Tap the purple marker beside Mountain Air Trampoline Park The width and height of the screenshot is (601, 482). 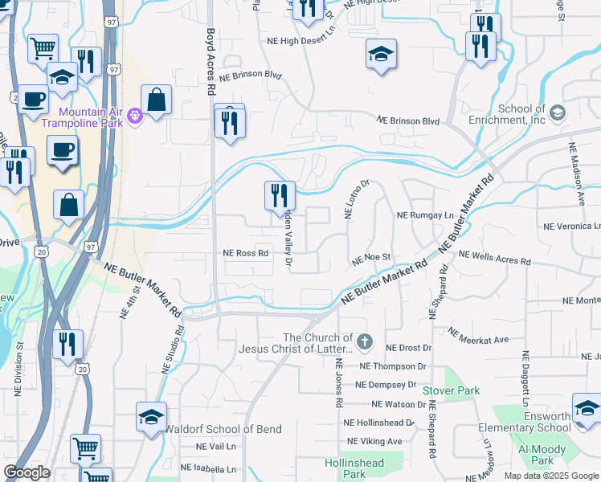(x=134, y=117)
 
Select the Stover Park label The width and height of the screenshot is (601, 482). (x=456, y=391)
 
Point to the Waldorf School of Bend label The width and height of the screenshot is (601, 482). (x=223, y=429)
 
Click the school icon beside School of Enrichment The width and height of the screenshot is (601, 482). (x=557, y=114)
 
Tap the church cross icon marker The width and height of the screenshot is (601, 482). (x=365, y=343)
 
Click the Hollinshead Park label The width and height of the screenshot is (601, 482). (x=354, y=468)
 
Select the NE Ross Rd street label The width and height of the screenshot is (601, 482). (x=245, y=252)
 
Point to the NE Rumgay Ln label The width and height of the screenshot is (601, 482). (x=425, y=215)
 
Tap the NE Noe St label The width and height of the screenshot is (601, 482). (x=371, y=259)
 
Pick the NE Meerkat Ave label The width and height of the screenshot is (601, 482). (x=478, y=336)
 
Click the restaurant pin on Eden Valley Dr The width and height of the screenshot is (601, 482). (x=280, y=194)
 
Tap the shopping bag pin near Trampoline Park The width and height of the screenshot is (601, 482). (x=156, y=100)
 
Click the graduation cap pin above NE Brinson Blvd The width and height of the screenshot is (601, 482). (x=382, y=53)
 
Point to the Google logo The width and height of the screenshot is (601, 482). (x=27, y=472)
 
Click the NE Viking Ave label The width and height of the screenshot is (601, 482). (x=374, y=441)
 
